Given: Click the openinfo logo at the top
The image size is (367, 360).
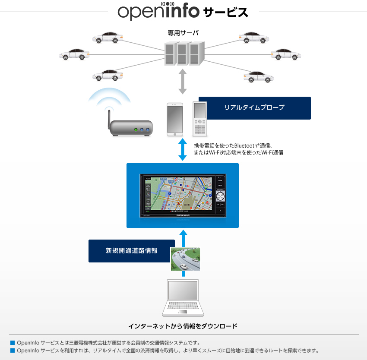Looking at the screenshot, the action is (158, 12).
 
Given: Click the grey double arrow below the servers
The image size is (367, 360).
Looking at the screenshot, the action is (183, 81).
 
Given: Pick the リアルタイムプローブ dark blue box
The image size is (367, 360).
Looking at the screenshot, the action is (254, 108).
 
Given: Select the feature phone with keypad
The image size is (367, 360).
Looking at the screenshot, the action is (200, 119).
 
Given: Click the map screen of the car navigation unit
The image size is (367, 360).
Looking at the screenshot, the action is (177, 195).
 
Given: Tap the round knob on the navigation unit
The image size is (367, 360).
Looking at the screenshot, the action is (220, 196).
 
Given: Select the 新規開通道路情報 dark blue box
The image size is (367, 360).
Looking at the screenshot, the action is (129, 251).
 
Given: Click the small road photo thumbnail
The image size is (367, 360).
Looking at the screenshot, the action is (185, 259).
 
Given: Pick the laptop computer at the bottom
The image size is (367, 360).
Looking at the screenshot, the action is (183, 298).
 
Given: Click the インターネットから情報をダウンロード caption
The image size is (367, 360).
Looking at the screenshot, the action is (183, 326).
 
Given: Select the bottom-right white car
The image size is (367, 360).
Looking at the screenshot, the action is (259, 76).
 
